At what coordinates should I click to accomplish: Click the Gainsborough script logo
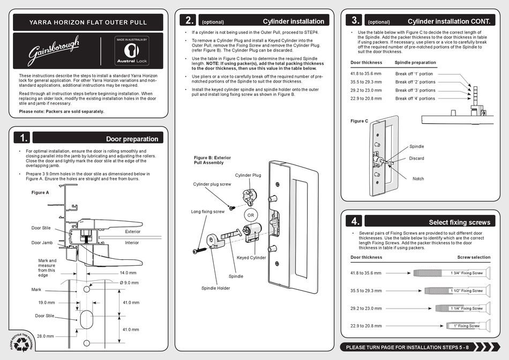point(54,50)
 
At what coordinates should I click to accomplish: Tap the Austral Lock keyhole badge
point(132,51)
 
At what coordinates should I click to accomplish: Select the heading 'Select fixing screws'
point(459,222)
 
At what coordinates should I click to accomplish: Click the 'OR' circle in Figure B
point(251,215)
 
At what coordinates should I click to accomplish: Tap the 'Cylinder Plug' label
point(248,175)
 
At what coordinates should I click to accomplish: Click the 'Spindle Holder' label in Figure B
point(215,288)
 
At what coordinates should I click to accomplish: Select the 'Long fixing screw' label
point(208,212)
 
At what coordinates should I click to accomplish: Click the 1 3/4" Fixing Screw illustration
point(452,273)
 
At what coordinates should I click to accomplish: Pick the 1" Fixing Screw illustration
point(469,326)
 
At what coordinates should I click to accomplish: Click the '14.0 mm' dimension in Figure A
point(128,273)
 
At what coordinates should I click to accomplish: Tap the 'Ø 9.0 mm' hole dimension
point(129,283)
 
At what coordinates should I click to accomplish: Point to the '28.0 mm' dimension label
point(46,336)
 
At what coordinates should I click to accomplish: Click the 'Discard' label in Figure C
point(416,159)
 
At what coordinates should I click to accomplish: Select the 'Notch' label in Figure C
point(418,179)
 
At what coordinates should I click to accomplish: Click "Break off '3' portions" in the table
point(415,90)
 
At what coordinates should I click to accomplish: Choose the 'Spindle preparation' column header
point(415,63)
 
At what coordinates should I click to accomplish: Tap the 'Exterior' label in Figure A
point(133,232)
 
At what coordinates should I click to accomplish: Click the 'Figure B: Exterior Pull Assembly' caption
point(212,160)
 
